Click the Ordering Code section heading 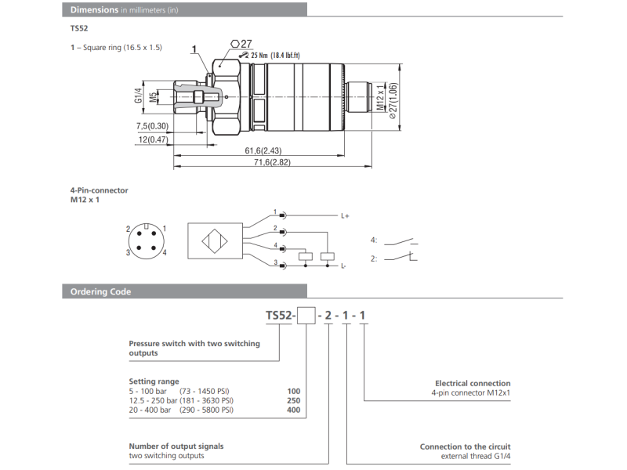click(100, 291)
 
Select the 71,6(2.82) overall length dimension click(272, 162)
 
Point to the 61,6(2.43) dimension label click(263, 150)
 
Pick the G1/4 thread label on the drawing click(138, 96)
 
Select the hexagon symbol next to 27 click(235, 43)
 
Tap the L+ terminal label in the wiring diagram click(344, 215)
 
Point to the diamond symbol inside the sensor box click(213, 241)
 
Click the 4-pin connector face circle click(147, 240)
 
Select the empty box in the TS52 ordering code click(307, 316)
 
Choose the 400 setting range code click(293, 410)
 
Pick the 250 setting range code click(293, 400)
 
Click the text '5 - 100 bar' click(147, 390)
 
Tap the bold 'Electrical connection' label click(473, 383)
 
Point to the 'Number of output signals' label click(176, 446)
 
